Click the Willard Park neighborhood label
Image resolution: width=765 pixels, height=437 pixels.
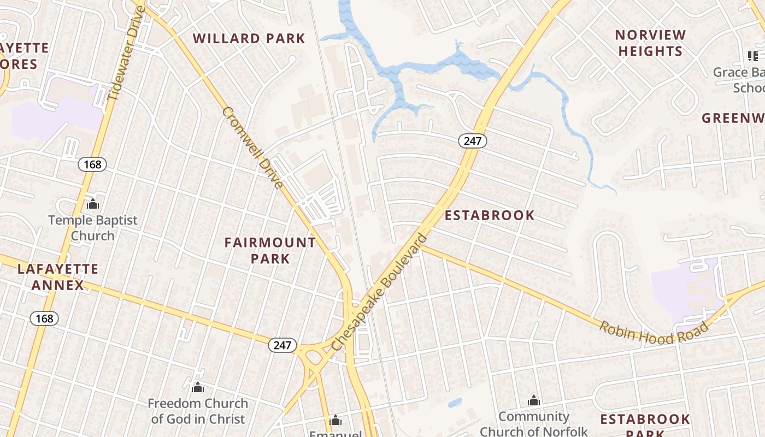249,38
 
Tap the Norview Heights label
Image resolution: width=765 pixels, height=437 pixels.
650,43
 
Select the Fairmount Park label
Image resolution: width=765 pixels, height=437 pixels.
270,250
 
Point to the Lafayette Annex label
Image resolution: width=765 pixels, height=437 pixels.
58,277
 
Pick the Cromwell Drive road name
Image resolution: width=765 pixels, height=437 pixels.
253,147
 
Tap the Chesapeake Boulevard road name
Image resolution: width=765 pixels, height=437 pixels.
379,292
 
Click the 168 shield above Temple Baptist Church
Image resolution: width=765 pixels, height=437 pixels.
92,164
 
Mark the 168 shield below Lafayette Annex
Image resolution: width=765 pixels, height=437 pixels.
44,318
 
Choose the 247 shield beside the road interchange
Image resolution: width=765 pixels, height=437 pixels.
283,345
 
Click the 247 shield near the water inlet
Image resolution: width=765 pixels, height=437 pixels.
472,141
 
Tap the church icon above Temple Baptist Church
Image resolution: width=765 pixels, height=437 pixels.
93,204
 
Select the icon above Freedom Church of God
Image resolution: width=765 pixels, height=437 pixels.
198,387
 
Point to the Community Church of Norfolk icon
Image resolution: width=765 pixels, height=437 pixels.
534,400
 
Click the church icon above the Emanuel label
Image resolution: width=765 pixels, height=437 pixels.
336,420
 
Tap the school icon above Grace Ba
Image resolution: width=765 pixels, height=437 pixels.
753,56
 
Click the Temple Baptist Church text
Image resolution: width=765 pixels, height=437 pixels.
93,228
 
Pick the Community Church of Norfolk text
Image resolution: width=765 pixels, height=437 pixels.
534,424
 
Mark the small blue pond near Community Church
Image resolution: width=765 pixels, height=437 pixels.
455,403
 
